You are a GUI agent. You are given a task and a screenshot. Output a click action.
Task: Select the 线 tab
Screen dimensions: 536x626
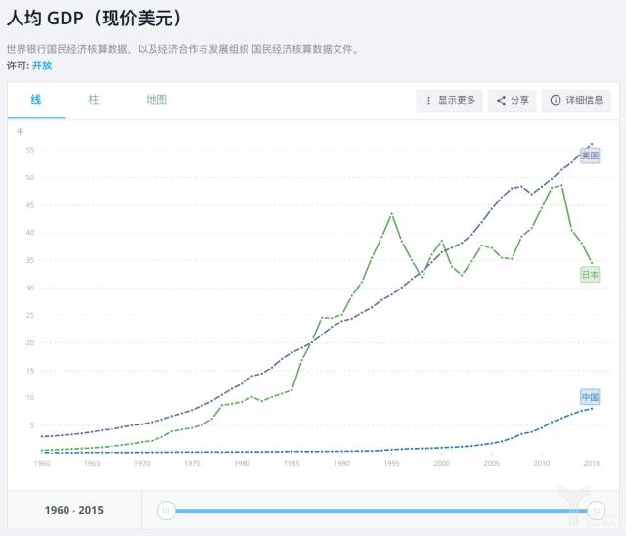point(36,100)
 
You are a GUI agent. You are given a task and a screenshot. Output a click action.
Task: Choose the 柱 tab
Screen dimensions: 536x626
point(94,100)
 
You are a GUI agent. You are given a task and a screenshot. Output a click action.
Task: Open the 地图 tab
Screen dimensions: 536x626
point(156,100)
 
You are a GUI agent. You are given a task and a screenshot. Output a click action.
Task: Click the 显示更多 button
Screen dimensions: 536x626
point(450,100)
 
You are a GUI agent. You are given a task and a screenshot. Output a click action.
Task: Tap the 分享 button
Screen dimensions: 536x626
point(513,100)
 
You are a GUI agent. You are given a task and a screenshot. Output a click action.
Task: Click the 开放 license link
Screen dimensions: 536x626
point(42,66)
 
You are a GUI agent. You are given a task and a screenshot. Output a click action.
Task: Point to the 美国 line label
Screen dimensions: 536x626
point(590,155)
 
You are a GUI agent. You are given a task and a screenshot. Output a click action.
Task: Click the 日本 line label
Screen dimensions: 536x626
point(590,275)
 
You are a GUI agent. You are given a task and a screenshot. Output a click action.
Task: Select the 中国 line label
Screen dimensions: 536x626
point(590,397)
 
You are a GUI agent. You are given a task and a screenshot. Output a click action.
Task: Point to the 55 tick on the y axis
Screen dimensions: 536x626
point(30,150)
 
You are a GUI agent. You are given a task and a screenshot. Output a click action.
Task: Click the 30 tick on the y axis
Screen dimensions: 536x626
point(30,288)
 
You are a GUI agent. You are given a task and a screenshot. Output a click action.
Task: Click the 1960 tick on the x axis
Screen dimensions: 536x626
point(42,463)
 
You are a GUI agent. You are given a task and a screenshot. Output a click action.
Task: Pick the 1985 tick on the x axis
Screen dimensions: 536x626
point(291,463)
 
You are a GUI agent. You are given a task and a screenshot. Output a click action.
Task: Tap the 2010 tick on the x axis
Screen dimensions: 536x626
point(541,463)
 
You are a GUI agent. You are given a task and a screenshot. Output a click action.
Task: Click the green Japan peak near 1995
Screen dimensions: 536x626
point(392,213)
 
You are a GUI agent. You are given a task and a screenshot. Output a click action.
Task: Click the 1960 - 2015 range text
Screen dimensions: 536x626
point(74,510)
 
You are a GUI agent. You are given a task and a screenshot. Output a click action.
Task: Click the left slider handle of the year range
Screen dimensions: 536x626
point(166,510)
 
